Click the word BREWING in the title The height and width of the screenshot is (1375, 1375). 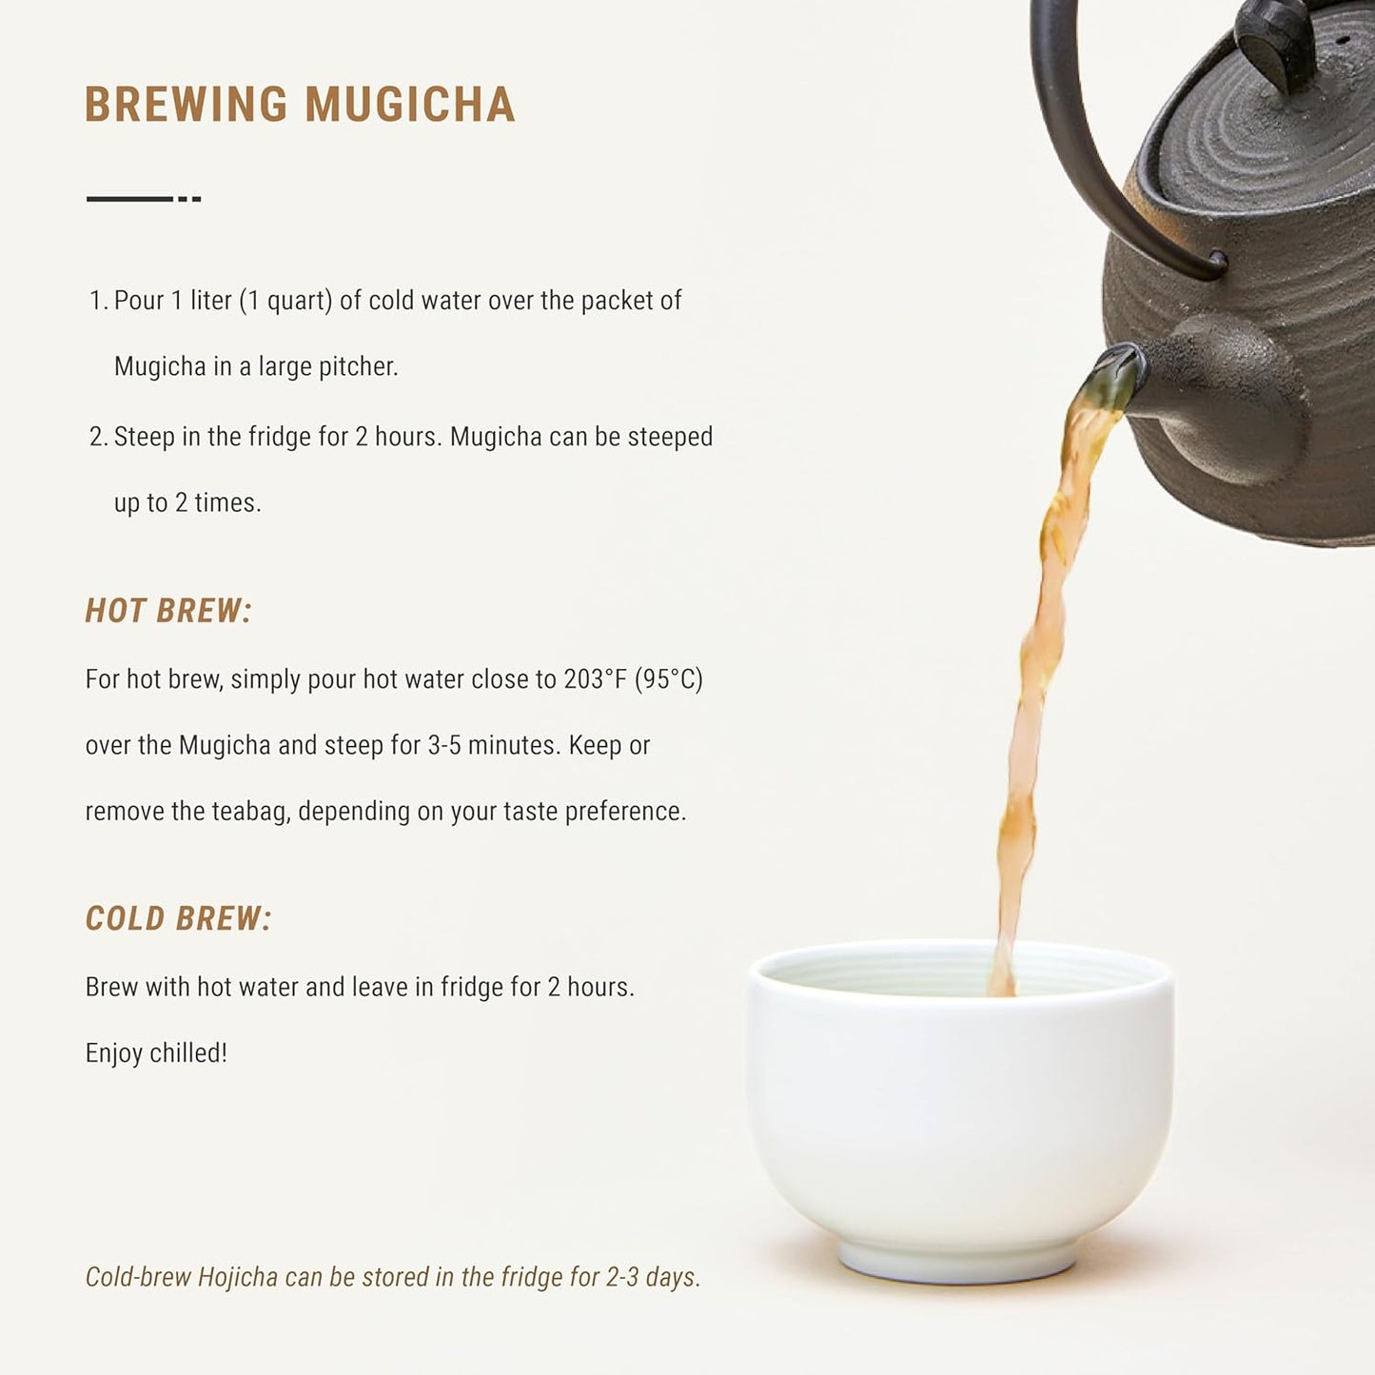[x=186, y=104]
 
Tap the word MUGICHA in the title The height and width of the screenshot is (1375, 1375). [x=409, y=104]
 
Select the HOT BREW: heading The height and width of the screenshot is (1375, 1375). [x=168, y=611]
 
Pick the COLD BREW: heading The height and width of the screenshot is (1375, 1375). [x=178, y=918]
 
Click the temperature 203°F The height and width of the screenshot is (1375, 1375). [x=595, y=678]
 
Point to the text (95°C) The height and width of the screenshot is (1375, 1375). [x=669, y=678]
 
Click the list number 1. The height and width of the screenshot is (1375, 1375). [x=98, y=301]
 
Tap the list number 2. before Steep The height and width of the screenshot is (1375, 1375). [x=98, y=437]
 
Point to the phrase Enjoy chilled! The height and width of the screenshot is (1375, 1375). [x=156, y=1053]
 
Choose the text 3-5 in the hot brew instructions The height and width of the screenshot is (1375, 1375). [x=444, y=745]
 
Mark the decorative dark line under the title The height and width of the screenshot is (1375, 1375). [x=144, y=199]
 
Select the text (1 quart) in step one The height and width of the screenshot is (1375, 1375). [x=285, y=301]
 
